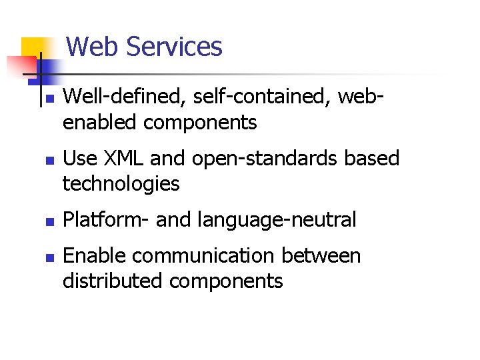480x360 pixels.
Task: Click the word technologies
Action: click(x=121, y=183)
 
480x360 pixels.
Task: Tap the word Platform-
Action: click(x=106, y=219)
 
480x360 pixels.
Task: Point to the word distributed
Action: click(x=113, y=281)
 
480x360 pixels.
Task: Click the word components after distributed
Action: click(x=226, y=281)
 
